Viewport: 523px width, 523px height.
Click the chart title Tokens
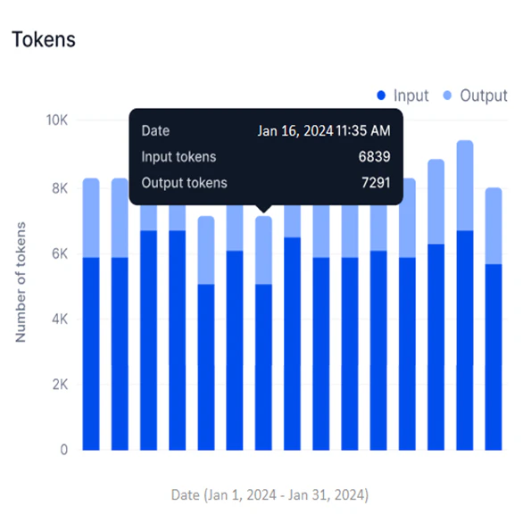42,39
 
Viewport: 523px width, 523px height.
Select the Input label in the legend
411,95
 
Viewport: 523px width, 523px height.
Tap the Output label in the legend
483,95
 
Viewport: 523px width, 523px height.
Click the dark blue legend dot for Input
381,95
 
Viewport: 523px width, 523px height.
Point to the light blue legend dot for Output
447,95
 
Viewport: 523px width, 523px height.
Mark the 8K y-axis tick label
59,188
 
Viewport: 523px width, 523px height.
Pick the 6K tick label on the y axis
59,253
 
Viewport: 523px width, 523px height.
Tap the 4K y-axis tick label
59,319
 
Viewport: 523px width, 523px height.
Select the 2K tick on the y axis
59,385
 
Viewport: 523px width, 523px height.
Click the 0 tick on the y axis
62,450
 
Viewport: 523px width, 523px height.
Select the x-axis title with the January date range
270,494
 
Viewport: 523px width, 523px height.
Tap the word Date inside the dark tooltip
155,130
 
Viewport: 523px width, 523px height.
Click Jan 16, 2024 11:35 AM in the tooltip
323,130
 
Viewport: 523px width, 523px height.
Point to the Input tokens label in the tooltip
178,157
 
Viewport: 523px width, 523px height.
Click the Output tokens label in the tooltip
184,183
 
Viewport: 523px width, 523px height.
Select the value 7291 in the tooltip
373,183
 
